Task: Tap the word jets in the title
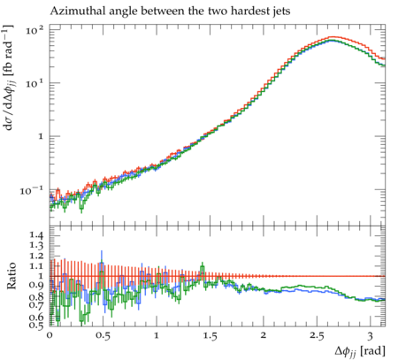point(281,11)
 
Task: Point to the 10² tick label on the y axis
point(34,30)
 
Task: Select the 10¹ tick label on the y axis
point(34,84)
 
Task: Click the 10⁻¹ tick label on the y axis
point(31,191)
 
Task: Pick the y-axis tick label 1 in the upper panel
point(41,137)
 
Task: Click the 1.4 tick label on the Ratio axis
point(36,235)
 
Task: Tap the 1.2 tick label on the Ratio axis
point(36,256)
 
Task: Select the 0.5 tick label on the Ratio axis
point(36,325)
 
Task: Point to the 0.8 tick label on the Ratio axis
point(36,296)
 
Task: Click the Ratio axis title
point(11,276)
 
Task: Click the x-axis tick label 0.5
point(103,336)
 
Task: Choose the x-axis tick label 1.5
point(210,336)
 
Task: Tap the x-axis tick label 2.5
point(317,336)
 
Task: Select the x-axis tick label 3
point(371,336)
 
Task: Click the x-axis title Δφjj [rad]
point(360,351)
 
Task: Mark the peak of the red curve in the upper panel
point(333,37)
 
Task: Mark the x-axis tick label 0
point(50,336)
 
